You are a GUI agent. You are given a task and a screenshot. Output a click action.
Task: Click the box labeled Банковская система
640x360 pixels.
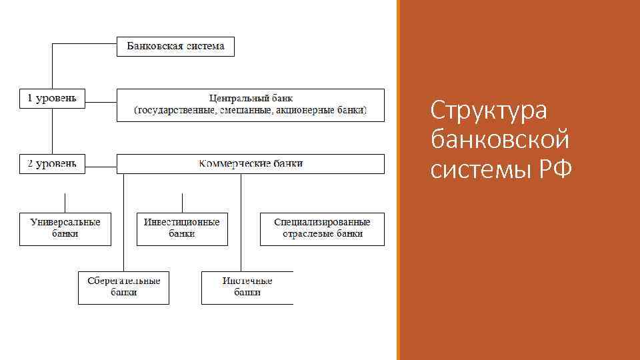[x=175, y=47]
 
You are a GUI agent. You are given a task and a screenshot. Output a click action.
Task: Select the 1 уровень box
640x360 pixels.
[x=52, y=98]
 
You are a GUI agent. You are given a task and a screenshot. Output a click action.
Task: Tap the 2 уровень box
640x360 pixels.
[x=52, y=163]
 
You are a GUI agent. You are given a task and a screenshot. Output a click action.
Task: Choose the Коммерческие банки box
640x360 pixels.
[x=251, y=163]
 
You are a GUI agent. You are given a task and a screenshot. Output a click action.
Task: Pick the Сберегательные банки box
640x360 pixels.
[x=123, y=287]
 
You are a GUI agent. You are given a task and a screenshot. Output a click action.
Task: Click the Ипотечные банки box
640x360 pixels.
[x=247, y=287]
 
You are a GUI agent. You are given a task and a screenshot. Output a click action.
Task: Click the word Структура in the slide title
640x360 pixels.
[x=489, y=110]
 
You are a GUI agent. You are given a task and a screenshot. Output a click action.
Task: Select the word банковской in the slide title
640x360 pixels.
[x=500, y=140]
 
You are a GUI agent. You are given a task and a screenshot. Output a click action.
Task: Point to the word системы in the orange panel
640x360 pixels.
[x=477, y=170]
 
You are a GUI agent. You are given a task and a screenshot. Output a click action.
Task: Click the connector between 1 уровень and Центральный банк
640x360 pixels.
[x=101, y=103]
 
